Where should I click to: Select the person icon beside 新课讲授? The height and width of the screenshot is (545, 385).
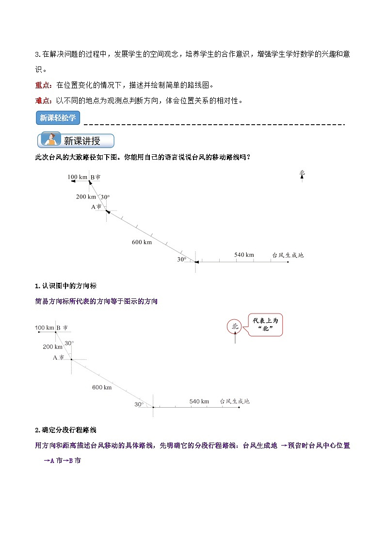pyautogui.click(x=49, y=140)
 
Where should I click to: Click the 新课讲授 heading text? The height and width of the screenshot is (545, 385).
pyautogui.click(x=82, y=141)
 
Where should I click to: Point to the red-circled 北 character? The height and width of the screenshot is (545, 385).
pyautogui.click(x=235, y=327)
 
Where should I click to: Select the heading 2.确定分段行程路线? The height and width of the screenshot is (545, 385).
pyautogui.click(x=65, y=430)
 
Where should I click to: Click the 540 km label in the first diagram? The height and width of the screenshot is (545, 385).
pyautogui.click(x=244, y=255)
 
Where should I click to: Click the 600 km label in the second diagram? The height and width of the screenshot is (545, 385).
pyautogui.click(x=102, y=387)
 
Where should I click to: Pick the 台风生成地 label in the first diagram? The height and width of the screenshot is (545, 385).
pyautogui.click(x=288, y=255)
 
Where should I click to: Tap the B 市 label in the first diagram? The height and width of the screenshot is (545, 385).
pyautogui.click(x=96, y=178)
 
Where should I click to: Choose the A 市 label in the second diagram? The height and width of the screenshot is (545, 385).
pyautogui.click(x=59, y=358)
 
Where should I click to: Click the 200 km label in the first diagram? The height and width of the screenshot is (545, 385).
pyautogui.click(x=86, y=197)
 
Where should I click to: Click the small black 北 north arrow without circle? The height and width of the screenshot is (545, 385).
pyautogui.click(x=302, y=174)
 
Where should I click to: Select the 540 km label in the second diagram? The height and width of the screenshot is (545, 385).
pyautogui.click(x=199, y=401)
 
